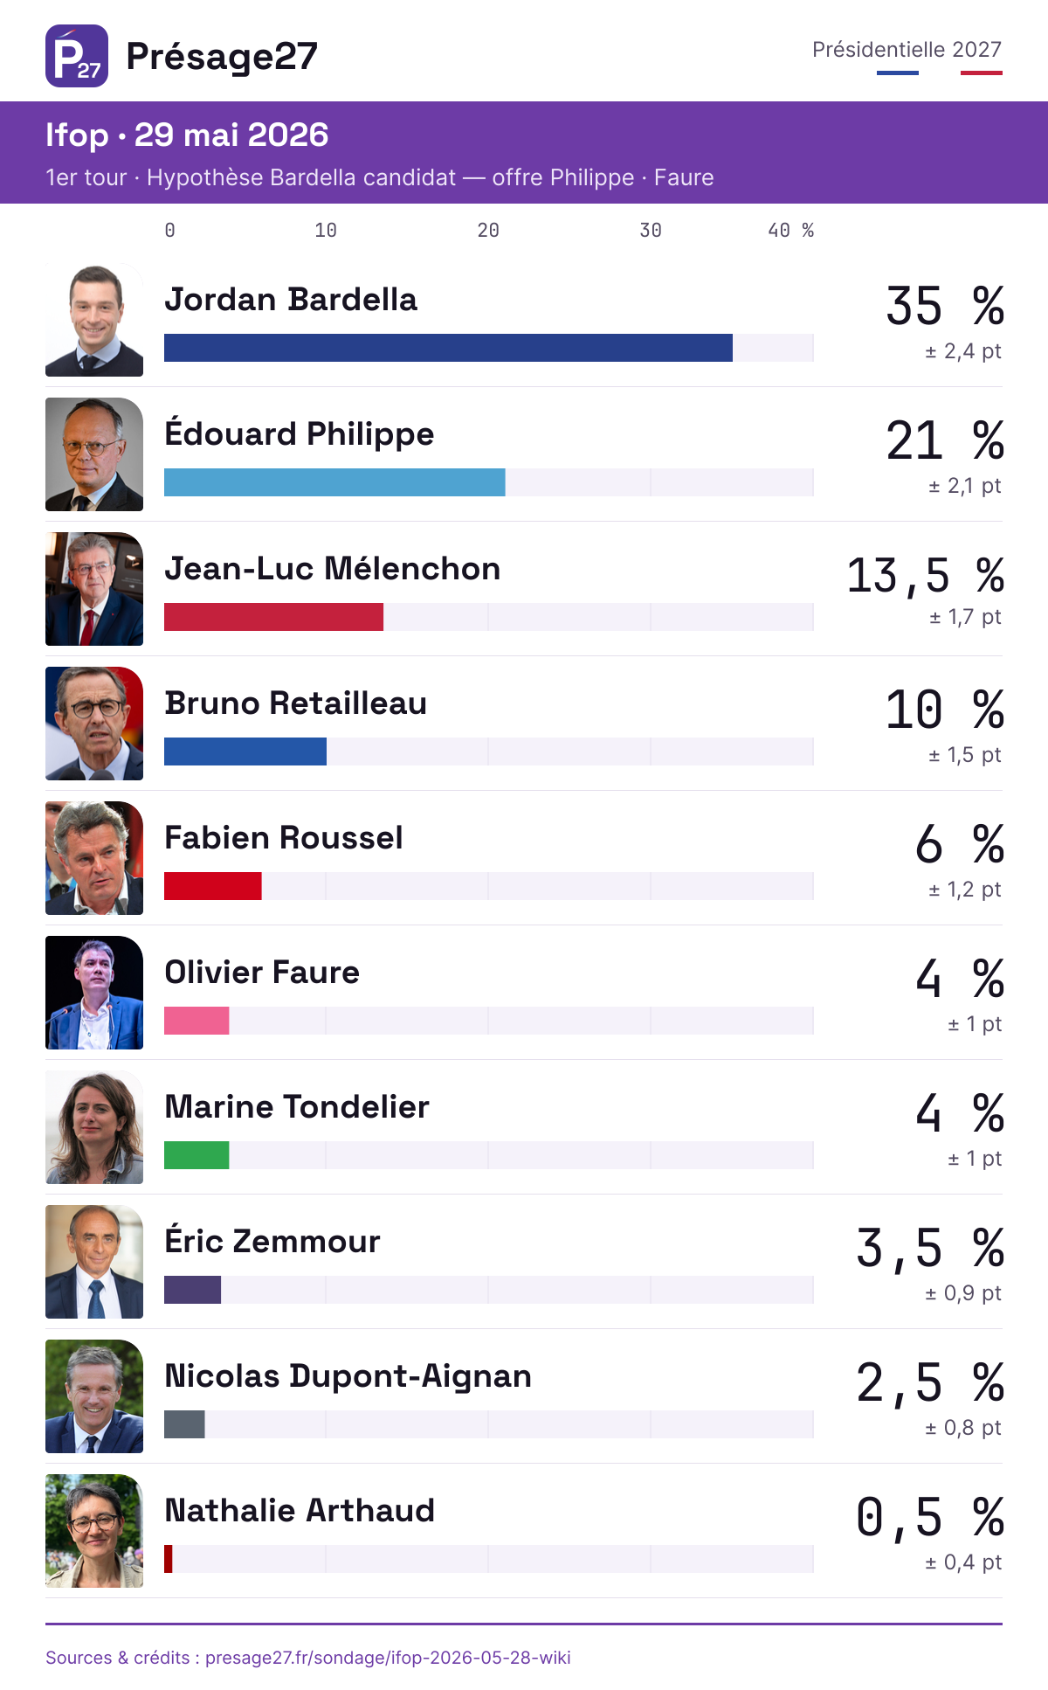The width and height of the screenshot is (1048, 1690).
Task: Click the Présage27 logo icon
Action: pyautogui.click(x=77, y=56)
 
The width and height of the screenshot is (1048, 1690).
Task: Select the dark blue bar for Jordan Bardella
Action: pyautogui.click(x=448, y=348)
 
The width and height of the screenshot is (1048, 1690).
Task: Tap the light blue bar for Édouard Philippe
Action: pyautogui.click(x=334, y=482)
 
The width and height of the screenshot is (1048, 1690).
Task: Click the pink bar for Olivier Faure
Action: pyautogui.click(x=196, y=1021)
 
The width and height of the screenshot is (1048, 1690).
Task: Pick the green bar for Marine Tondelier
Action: pyautogui.click(x=196, y=1155)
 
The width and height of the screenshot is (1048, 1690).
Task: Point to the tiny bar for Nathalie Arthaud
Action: pyautogui.click(x=169, y=1559)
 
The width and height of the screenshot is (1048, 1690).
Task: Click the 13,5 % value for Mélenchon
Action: pyautogui.click(x=926, y=576)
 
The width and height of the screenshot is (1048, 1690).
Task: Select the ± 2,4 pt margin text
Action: pyautogui.click(x=963, y=351)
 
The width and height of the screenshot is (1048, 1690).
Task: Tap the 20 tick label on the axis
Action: pyautogui.click(x=488, y=231)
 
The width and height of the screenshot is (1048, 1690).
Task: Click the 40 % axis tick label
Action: pyautogui.click(x=791, y=231)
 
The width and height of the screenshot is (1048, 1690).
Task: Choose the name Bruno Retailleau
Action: pyautogui.click(x=295, y=703)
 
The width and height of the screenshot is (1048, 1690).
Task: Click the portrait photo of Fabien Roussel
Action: pyautogui.click(x=94, y=858)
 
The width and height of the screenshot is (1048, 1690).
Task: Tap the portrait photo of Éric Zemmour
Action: pyautogui.click(x=94, y=1262)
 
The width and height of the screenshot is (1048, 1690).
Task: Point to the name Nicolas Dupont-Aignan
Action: pyautogui.click(x=348, y=1376)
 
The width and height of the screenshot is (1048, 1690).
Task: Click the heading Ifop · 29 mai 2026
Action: pyautogui.click(x=187, y=135)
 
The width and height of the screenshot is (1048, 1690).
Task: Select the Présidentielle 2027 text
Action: pyautogui.click(x=907, y=50)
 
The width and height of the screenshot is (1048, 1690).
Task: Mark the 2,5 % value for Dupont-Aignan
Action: pyautogui.click(x=930, y=1383)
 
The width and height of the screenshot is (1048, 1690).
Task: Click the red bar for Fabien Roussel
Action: pyautogui.click(x=213, y=886)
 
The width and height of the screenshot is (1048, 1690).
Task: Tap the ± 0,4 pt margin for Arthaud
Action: pyautogui.click(x=963, y=1562)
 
